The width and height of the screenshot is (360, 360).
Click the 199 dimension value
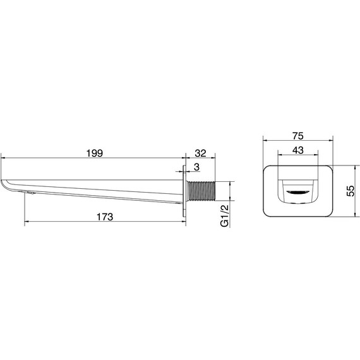(x=95, y=153)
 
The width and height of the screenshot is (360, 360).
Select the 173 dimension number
(x=105, y=217)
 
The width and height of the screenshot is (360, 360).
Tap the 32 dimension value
(x=200, y=153)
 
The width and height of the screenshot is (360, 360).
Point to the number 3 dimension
(x=196, y=167)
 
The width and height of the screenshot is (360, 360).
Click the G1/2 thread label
(x=225, y=216)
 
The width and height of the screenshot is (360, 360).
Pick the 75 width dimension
(x=297, y=136)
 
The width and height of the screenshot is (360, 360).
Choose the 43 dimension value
(x=297, y=150)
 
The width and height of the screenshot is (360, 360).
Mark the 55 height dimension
(x=351, y=191)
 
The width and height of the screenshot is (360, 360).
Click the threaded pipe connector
(x=201, y=191)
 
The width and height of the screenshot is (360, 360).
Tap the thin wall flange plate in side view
(x=184, y=191)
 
